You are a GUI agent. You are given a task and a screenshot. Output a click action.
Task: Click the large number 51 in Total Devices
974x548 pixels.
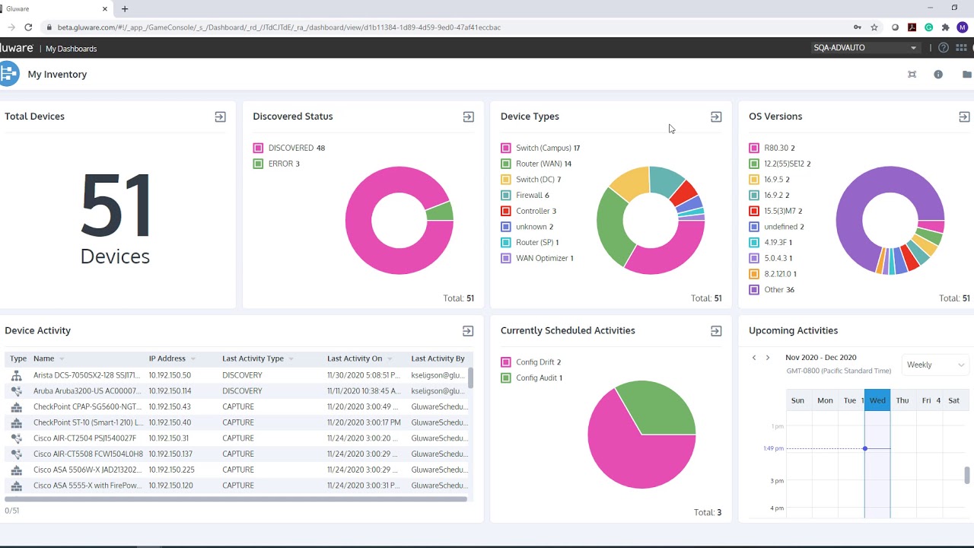click(115, 206)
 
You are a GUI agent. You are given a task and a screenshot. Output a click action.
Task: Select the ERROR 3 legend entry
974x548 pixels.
click(284, 164)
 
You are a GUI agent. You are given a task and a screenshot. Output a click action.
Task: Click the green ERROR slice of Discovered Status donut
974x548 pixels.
click(440, 211)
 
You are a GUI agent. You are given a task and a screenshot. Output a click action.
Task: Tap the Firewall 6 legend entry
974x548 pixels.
click(532, 196)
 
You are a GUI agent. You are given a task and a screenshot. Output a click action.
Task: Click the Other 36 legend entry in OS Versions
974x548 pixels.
click(778, 290)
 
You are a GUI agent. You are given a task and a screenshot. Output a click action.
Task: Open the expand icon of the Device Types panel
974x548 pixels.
click(716, 117)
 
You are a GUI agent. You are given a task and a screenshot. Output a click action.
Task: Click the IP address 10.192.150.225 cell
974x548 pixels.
click(171, 470)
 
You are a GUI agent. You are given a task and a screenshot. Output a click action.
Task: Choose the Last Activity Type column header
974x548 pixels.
click(253, 358)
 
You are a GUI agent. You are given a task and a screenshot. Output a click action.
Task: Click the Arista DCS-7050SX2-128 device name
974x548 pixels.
click(86, 375)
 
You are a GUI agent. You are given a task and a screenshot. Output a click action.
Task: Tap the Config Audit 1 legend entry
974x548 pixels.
click(539, 378)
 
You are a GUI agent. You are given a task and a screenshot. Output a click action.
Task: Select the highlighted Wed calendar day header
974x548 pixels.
click(877, 400)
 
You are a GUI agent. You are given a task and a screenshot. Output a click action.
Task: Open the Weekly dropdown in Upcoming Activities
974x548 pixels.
click(934, 365)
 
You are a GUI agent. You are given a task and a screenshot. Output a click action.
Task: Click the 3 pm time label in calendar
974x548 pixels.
click(777, 481)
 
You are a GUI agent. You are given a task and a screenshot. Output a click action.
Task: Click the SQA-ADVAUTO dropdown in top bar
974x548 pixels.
click(864, 48)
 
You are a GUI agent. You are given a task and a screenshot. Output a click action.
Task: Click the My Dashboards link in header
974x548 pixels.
click(71, 49)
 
